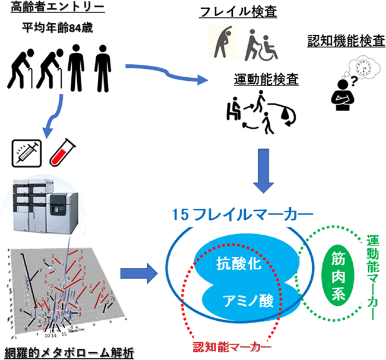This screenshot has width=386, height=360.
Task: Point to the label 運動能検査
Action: point(257,80)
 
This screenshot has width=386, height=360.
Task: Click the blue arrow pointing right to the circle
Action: point(138,274)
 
